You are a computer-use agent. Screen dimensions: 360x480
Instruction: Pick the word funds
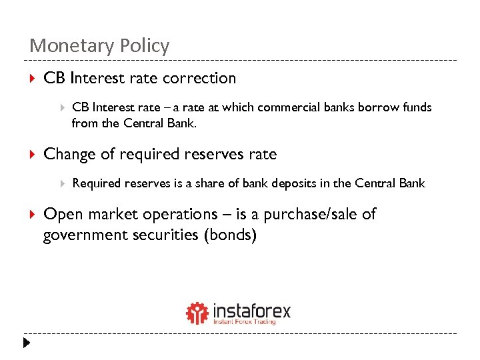(416, 107)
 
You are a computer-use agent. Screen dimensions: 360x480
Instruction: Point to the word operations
(174, 214)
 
